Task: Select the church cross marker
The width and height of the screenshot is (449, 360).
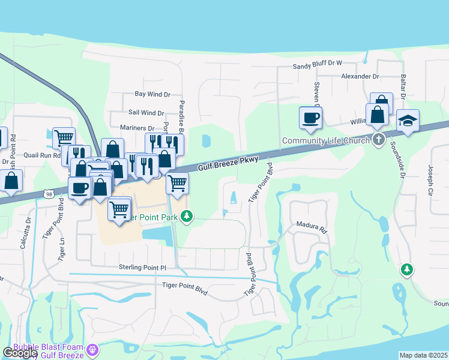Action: pyautogui.click(x=378, y=140)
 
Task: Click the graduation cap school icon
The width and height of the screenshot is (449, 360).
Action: pyautogui.click(x=408, y=121)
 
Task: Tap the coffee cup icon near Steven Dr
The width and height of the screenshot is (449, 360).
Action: pyautogui.click(x=310, y=118)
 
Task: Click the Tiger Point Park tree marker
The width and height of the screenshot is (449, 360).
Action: pyautogui.click(x=187, y=215)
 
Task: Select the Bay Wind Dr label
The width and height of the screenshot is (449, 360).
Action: pyautogui.click(x=153, y=94)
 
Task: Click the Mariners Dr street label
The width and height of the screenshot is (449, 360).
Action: pyautogui.click(x=137, y=128)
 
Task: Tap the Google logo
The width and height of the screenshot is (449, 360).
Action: pyautogui.click(x=20, y=353)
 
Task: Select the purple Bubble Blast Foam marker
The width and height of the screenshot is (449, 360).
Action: pyautogui.click(x=92, y=349)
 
